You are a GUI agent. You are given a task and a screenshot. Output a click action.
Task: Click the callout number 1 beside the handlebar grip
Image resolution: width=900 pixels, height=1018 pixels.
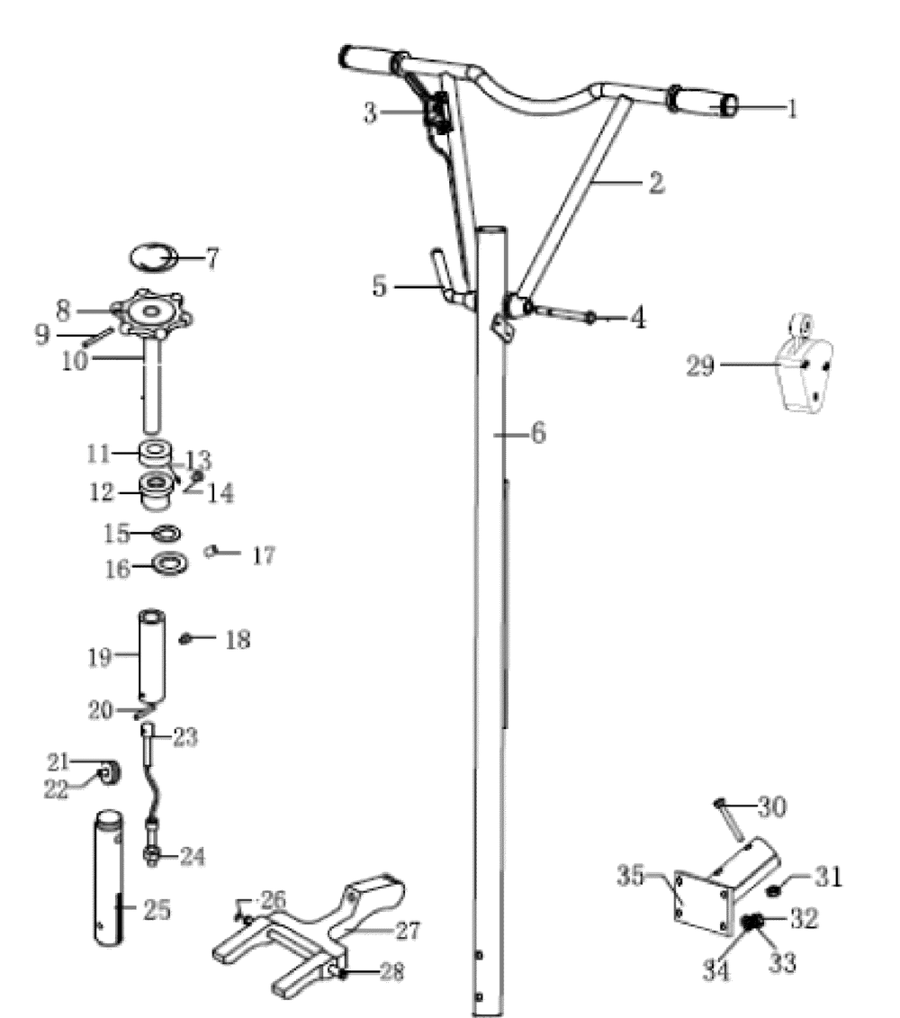[x=792, y=108]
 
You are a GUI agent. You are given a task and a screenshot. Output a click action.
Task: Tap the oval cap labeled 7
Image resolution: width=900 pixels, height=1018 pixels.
[x=154, y=257]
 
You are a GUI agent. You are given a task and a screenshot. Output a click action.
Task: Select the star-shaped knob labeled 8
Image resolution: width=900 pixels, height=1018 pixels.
[x=152, y=312]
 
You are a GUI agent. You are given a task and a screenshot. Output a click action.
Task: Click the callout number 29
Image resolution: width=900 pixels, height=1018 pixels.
[x=700, y=365]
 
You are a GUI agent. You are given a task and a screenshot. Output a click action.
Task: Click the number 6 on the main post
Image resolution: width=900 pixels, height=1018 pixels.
[x=538, y=432]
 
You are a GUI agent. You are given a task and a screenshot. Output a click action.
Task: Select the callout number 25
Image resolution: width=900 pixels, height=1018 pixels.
[x=157, y=909]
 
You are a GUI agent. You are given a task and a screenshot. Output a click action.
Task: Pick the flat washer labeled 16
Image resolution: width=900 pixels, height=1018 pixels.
[x=170, y=563]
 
